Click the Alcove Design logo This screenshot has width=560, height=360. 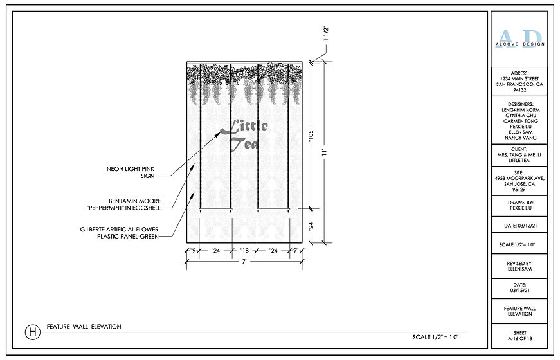click(519, 39)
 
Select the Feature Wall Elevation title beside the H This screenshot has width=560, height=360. click(84, 327)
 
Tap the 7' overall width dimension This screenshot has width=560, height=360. click(244, 262)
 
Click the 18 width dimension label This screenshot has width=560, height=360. click(244, 251)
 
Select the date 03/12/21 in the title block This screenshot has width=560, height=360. click(519, 226)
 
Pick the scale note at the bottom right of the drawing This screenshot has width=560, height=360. click(439, 337)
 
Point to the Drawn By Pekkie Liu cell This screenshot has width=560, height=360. click(519, 205)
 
